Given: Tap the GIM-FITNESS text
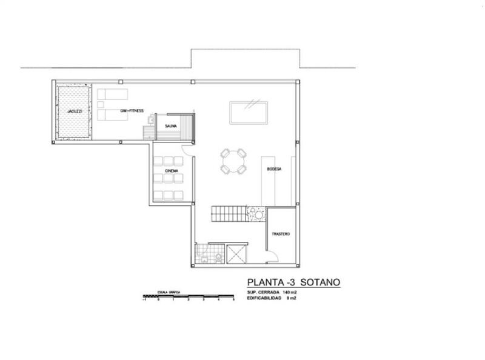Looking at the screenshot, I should tap(132, 110).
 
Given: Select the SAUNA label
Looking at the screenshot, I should tap(171, 126).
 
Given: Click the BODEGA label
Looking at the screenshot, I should tap(274, 169).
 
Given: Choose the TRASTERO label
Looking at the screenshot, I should tap(281, 235).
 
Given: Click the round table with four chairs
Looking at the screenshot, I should tap(233, 162).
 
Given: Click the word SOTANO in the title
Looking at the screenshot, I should tap(316, 282).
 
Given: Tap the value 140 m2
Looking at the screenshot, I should tap(289, 293).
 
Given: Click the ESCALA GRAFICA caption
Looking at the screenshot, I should tap(169, 292).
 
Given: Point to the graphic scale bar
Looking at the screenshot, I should tap(188, 296).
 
